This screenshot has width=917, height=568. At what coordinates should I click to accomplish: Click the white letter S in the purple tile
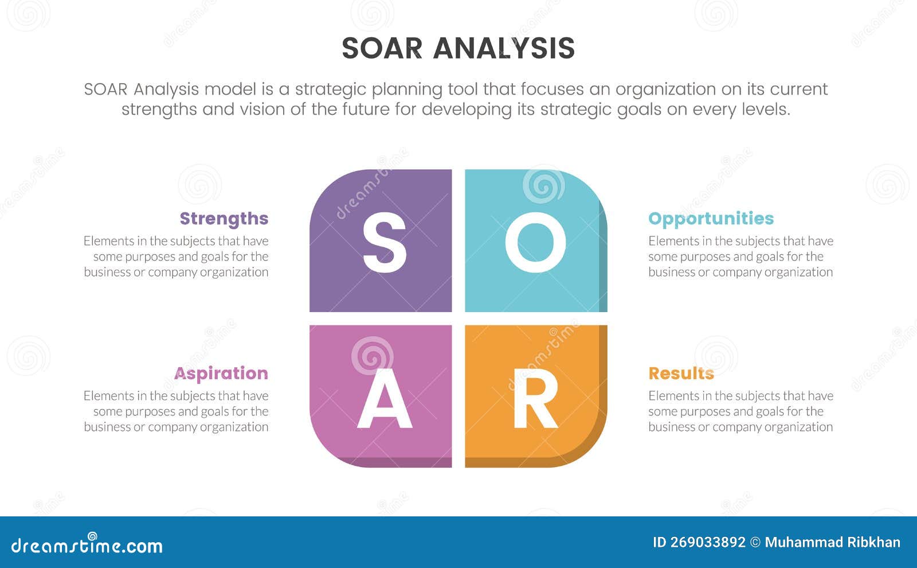[x=384, y=242]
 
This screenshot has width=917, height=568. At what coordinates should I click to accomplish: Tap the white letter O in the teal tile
[x=535, y=242]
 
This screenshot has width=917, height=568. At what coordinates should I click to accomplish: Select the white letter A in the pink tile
[x=384, y=398]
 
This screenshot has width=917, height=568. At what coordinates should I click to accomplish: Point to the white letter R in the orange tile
[x=535, y=398]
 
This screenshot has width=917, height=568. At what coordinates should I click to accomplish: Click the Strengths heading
[x=224, y=219]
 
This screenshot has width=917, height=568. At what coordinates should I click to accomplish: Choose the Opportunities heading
[x=711, y=219]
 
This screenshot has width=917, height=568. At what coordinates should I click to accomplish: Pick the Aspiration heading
[x=221, y=374]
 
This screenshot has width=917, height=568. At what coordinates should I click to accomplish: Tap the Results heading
[x=681, y=374]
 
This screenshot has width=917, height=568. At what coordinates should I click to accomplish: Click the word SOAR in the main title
[x=382, y=48]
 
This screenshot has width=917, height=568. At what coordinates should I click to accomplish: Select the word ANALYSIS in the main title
[x=504, y=48]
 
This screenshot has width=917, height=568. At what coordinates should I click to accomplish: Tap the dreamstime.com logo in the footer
[x=87, y=545]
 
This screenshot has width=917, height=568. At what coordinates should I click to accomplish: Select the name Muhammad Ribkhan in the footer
[x=832, y=542]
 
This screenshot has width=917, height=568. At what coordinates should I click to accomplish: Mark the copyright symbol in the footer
[x=755, y=542]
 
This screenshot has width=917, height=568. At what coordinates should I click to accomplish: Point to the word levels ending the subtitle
[x=766, y=109]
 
